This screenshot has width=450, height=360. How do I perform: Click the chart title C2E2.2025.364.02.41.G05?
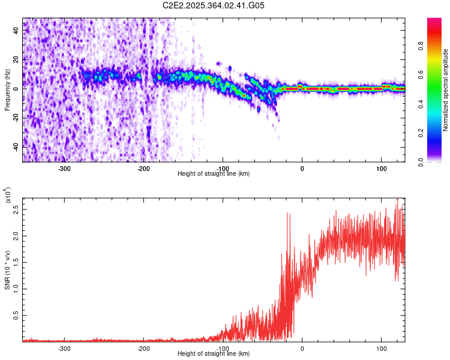click(x=214, y=5)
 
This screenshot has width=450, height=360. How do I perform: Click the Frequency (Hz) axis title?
click(x=8, y=90)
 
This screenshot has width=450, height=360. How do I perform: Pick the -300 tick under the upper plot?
click(x=64, y=168)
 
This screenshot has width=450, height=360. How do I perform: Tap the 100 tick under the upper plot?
click(x=382, y=168)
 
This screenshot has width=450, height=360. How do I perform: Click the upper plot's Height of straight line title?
click(x=214, y=174)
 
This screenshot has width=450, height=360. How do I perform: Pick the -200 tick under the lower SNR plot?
click(x=143, y=348)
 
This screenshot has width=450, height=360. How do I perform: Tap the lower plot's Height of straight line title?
click(x=214, y=354)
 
